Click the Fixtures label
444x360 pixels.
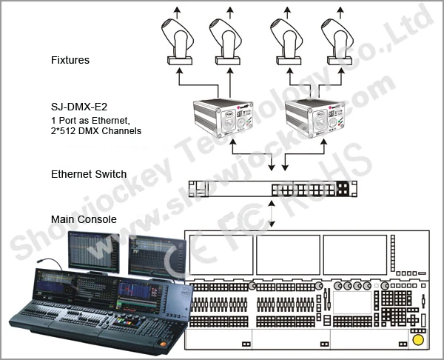(70, 60)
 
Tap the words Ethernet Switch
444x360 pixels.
(89, 175)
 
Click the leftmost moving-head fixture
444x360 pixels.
(181, 41)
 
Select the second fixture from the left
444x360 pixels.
(228, 41)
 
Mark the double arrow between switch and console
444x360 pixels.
(274, 213)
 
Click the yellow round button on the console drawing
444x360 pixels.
(419, 339)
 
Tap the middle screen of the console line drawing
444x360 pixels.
(289, 254)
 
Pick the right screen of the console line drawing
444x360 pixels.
(355, 254)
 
